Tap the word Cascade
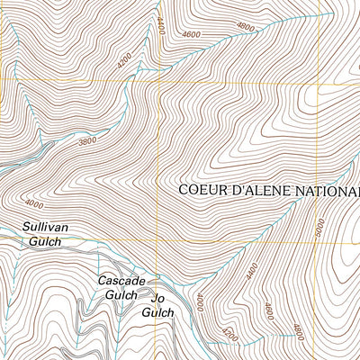tap(121, 281)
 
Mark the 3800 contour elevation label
tap(86, 141)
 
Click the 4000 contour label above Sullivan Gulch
tap(34, 202)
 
